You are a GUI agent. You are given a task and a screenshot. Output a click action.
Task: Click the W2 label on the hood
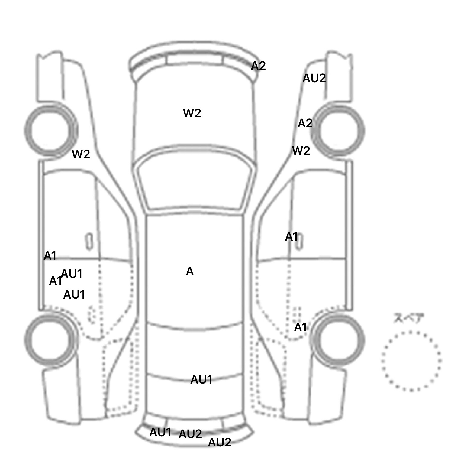click(192, 113)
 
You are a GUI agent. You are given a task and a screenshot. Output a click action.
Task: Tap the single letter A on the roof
click(189, 271)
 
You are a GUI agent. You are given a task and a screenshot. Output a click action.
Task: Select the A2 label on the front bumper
click(258, 66)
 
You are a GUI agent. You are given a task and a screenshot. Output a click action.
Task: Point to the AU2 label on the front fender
click(314, 78)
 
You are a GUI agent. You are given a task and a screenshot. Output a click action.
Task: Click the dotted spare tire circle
click(411, 361)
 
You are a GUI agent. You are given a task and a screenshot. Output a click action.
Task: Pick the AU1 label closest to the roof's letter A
click(201, 380)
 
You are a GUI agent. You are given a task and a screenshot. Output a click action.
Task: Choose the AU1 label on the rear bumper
click(160, 432)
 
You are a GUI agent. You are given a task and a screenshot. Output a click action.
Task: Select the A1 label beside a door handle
click(292, 237)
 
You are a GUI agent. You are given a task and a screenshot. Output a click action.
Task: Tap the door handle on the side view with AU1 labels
click(89, 241)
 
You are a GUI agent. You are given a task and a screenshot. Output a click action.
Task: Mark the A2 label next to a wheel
click(305, 123)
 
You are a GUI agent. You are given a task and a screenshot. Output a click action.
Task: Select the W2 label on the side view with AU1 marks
click(81, 154)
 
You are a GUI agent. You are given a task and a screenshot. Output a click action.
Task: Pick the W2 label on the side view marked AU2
click(301, 151)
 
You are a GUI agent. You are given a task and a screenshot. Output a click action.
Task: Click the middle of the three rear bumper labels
click(190, 434)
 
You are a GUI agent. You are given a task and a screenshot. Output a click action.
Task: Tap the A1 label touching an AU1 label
click(55, 281)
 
